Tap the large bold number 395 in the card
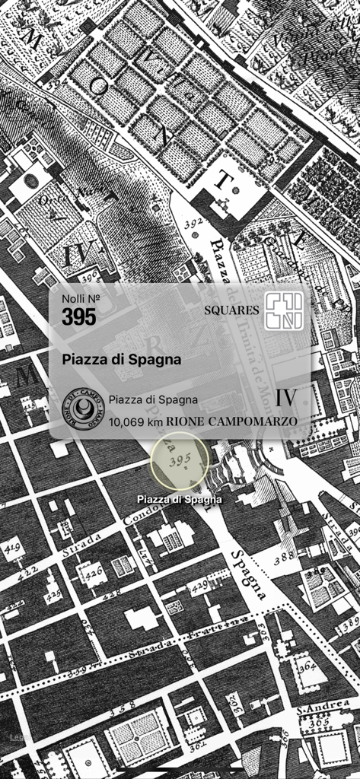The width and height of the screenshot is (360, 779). (79, 316)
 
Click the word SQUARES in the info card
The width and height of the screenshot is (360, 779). (231, 310)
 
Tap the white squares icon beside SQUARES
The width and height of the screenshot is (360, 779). (283, 310)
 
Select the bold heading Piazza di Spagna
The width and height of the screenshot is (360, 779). (122, 359)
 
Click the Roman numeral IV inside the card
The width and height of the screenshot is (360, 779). (285, 398)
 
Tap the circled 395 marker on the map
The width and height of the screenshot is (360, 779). (180, 461)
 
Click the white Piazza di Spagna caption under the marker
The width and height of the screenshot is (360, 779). (180, 500)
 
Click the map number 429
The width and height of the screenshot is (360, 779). (199, 583)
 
